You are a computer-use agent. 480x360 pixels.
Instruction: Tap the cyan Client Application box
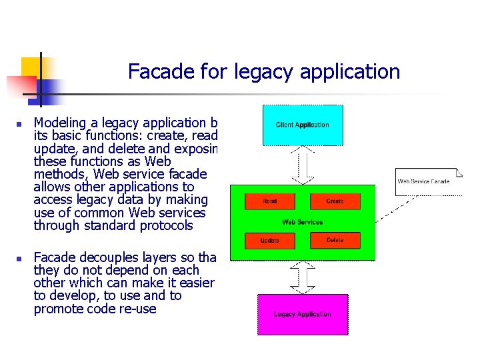(302, 125)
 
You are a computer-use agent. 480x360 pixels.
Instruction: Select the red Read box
(270, 201)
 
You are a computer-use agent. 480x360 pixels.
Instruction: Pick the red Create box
(335, 201)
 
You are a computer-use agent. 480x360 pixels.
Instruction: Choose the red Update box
(270, 240)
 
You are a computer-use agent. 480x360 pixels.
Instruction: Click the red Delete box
(335, 240)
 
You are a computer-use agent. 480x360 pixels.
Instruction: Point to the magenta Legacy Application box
(302, 314)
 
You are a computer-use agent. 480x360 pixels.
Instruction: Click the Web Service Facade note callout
(424, 181)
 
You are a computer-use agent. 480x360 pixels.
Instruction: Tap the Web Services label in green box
(302, 222)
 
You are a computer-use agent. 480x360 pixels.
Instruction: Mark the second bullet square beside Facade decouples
(21, 258)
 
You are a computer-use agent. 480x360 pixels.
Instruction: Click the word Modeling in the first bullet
(60, 123)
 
